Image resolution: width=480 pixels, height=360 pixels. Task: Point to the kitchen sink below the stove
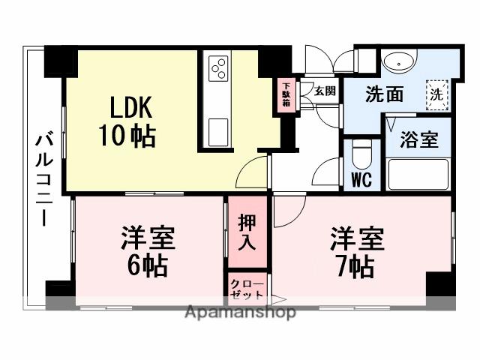point(218,131)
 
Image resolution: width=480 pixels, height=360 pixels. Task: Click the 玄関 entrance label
point(324,91)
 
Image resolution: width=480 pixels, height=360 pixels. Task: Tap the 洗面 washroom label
point(385,94)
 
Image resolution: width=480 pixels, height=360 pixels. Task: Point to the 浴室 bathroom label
point(418,139)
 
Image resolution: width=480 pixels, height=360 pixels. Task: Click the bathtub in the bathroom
point(418,175)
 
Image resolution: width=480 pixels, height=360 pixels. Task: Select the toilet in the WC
point(362,154)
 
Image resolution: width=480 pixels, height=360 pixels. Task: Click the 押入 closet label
point(247,232)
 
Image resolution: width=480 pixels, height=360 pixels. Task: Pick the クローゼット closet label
point(247,289)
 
